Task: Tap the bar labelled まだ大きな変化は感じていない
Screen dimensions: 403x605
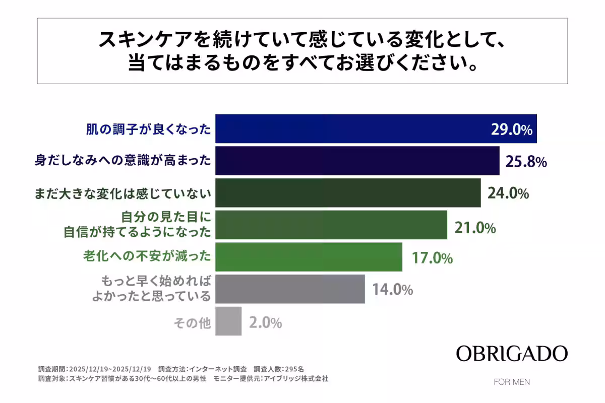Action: coord(348,193)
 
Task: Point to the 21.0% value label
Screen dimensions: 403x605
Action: coord(475,228)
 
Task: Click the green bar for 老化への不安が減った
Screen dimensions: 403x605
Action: coord(309,257)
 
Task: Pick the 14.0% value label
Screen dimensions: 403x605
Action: coord(393,290)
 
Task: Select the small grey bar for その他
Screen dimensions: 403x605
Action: coord(228,321)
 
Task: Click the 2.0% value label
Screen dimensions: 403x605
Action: coord(265,322)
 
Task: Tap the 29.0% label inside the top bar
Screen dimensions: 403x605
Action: coord(511,130)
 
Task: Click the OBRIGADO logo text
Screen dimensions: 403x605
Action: coord(512,354)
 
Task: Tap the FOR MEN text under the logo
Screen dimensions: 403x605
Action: coord(512,382)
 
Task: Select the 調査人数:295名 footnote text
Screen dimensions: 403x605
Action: coord(285,369)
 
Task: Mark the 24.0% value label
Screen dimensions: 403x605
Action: coord(508,193)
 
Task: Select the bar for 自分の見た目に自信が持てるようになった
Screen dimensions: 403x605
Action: coord(331,225)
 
